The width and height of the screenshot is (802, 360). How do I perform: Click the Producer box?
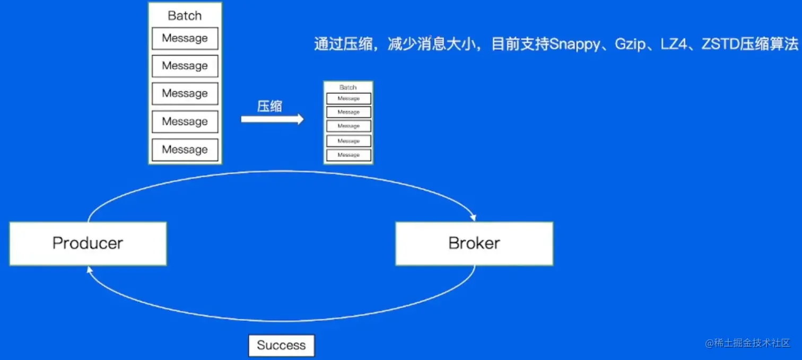pos(88,243)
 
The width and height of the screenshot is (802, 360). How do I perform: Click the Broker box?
pos(474,243)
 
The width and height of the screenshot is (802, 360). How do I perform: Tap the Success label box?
pos(281,345)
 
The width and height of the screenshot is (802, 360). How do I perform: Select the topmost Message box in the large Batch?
pos(185,38)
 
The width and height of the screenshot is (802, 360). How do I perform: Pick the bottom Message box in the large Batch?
pos(185,150)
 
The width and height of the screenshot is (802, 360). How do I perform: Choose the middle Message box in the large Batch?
pos(185,93)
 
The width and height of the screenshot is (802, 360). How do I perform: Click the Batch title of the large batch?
pos(185,15)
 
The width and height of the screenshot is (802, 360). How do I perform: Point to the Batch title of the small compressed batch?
pos(348,87)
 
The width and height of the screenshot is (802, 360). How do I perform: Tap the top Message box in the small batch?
pos(348,99)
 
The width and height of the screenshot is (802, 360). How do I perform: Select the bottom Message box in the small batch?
pos(348,155)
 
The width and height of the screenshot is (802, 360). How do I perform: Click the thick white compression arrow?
pos(272,119)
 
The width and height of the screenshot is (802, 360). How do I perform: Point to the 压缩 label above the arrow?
pos(269,107)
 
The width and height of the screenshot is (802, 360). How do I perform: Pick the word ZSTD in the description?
pos(720,45)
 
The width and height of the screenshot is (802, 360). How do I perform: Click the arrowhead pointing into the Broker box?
pos(473,218)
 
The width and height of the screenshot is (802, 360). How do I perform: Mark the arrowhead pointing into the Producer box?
pos(90,269)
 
